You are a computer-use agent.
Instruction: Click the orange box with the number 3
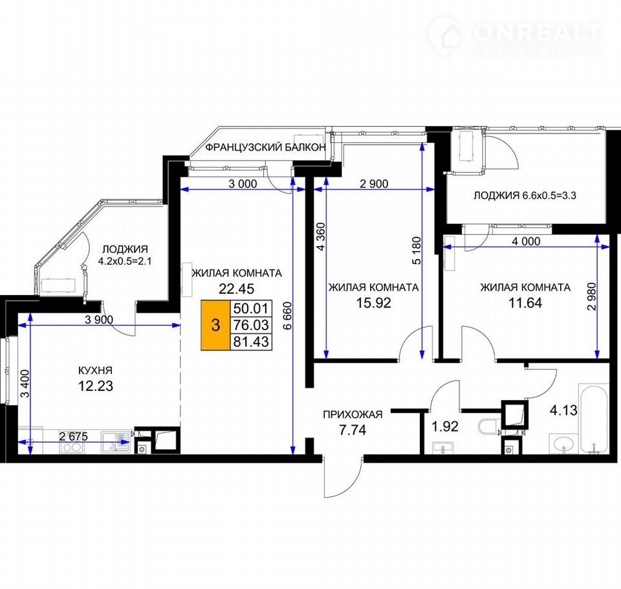[216, 326]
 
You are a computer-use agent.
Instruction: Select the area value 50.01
[251, 308]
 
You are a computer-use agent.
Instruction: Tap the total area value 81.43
[251, 341]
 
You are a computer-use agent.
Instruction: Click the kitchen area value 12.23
[96, 386]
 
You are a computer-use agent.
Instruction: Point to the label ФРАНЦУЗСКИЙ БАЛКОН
[265, 148]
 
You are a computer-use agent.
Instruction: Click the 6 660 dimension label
[287, 315]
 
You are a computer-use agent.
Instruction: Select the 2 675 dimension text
[73, 436]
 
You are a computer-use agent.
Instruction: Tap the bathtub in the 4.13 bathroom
[593, 419]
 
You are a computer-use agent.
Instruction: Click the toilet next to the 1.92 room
[488, 427]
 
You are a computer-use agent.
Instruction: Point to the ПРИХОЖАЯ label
[353, 415]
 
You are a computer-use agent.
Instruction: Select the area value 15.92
[373, 303]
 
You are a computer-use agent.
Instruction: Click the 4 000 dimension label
[526, 241]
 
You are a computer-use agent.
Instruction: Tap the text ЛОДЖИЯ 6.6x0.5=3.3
[525, 195]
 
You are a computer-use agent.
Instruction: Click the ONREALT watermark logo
[515, 35]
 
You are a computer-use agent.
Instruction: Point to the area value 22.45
[237, 289]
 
